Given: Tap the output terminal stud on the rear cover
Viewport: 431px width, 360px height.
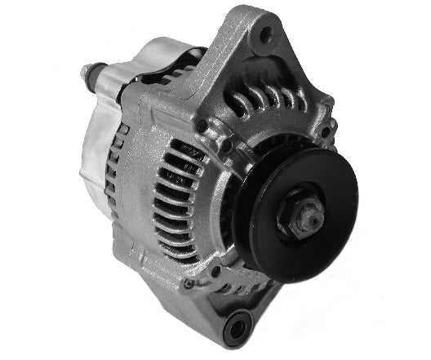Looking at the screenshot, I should click(88, 70).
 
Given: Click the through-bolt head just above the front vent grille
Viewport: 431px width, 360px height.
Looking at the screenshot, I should click(201, 125).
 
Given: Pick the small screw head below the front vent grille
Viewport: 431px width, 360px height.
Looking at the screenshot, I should click(189, 283).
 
